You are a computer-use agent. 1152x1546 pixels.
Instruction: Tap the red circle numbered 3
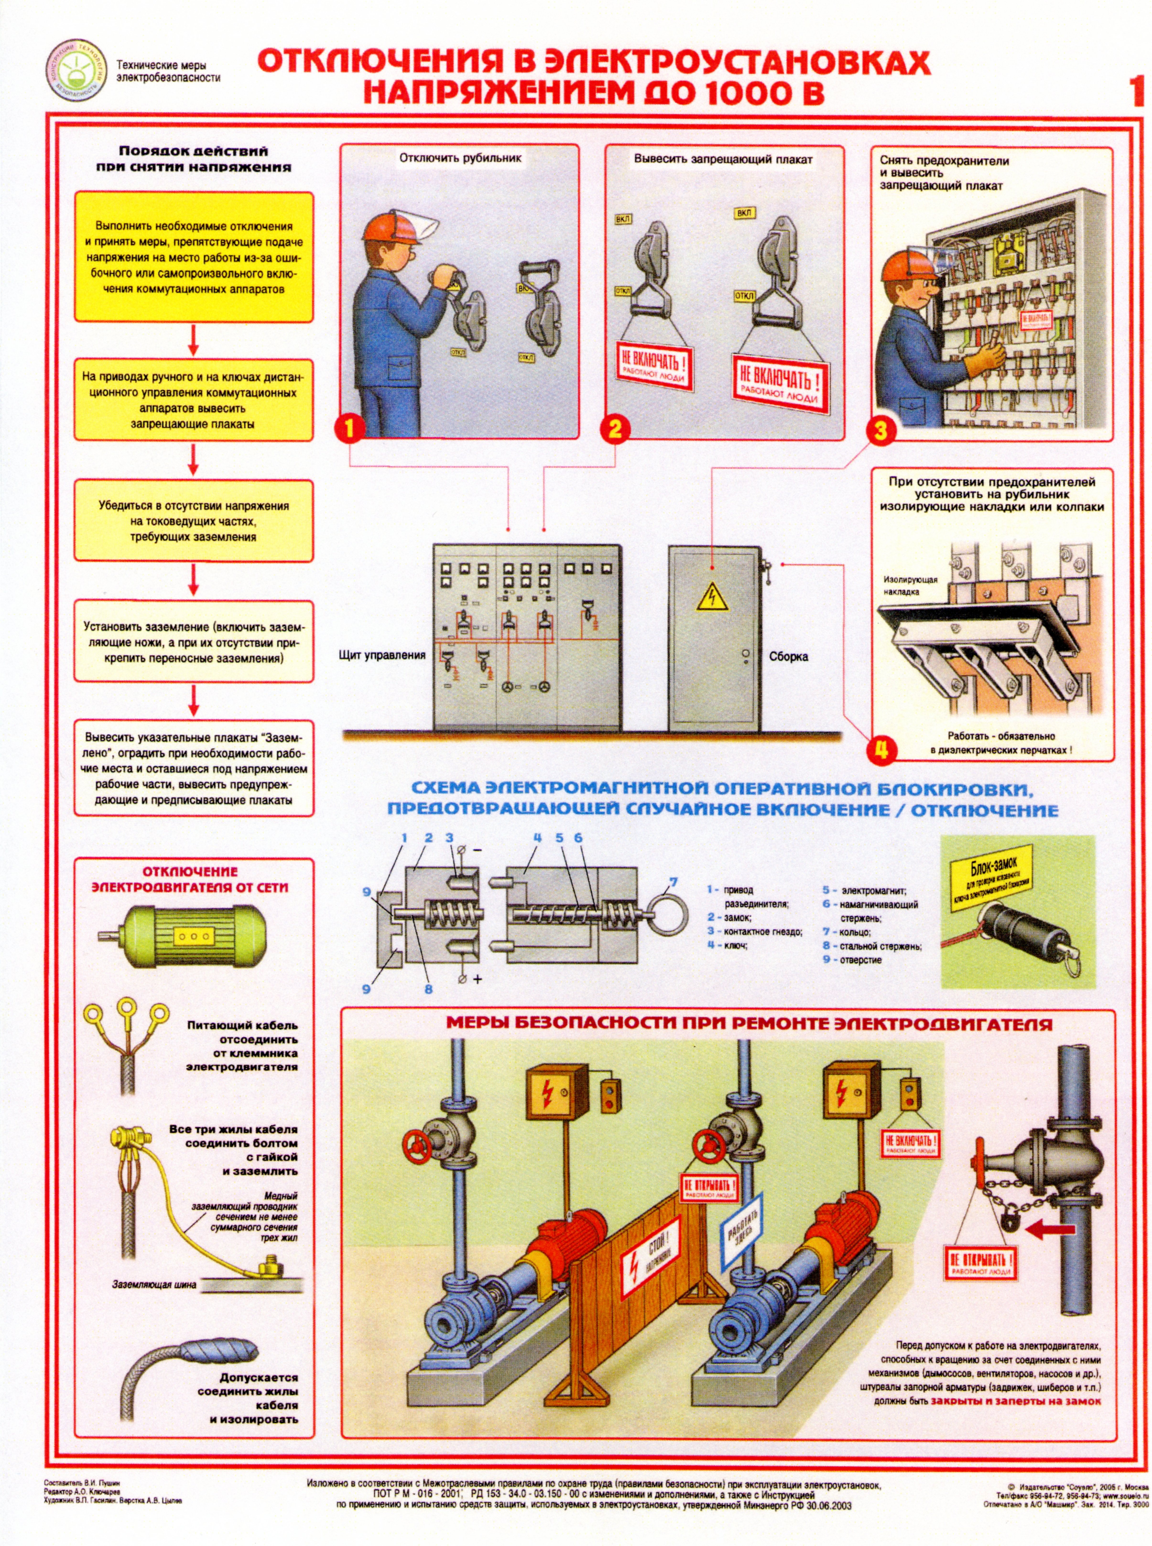click(881, 430)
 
